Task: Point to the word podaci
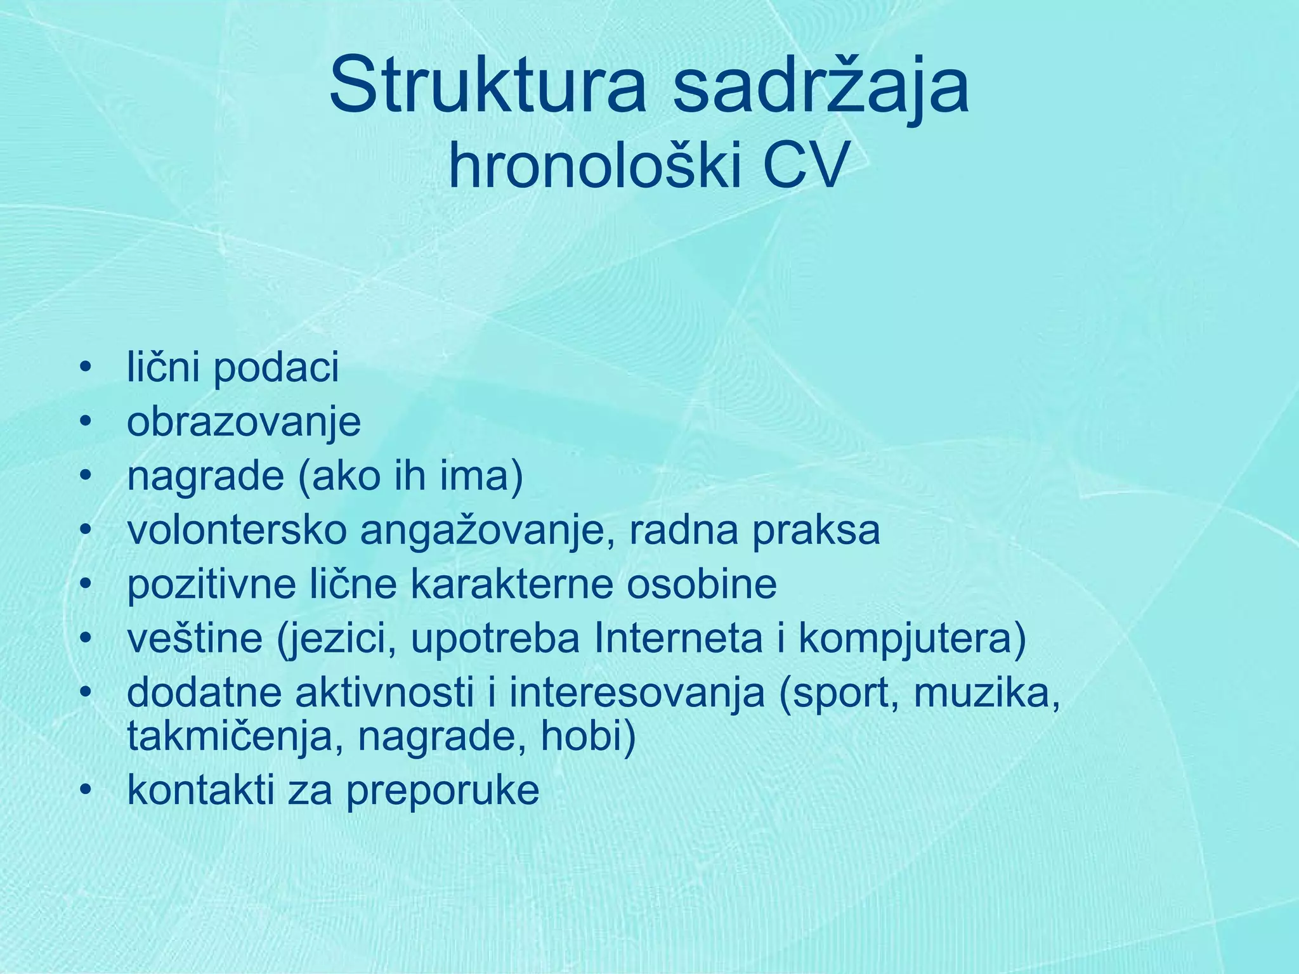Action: coord(276,369)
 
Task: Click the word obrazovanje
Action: coord(244,423)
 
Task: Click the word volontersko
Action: coord(237,531)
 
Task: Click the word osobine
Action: coord(702,585)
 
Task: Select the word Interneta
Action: coord(678,639)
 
